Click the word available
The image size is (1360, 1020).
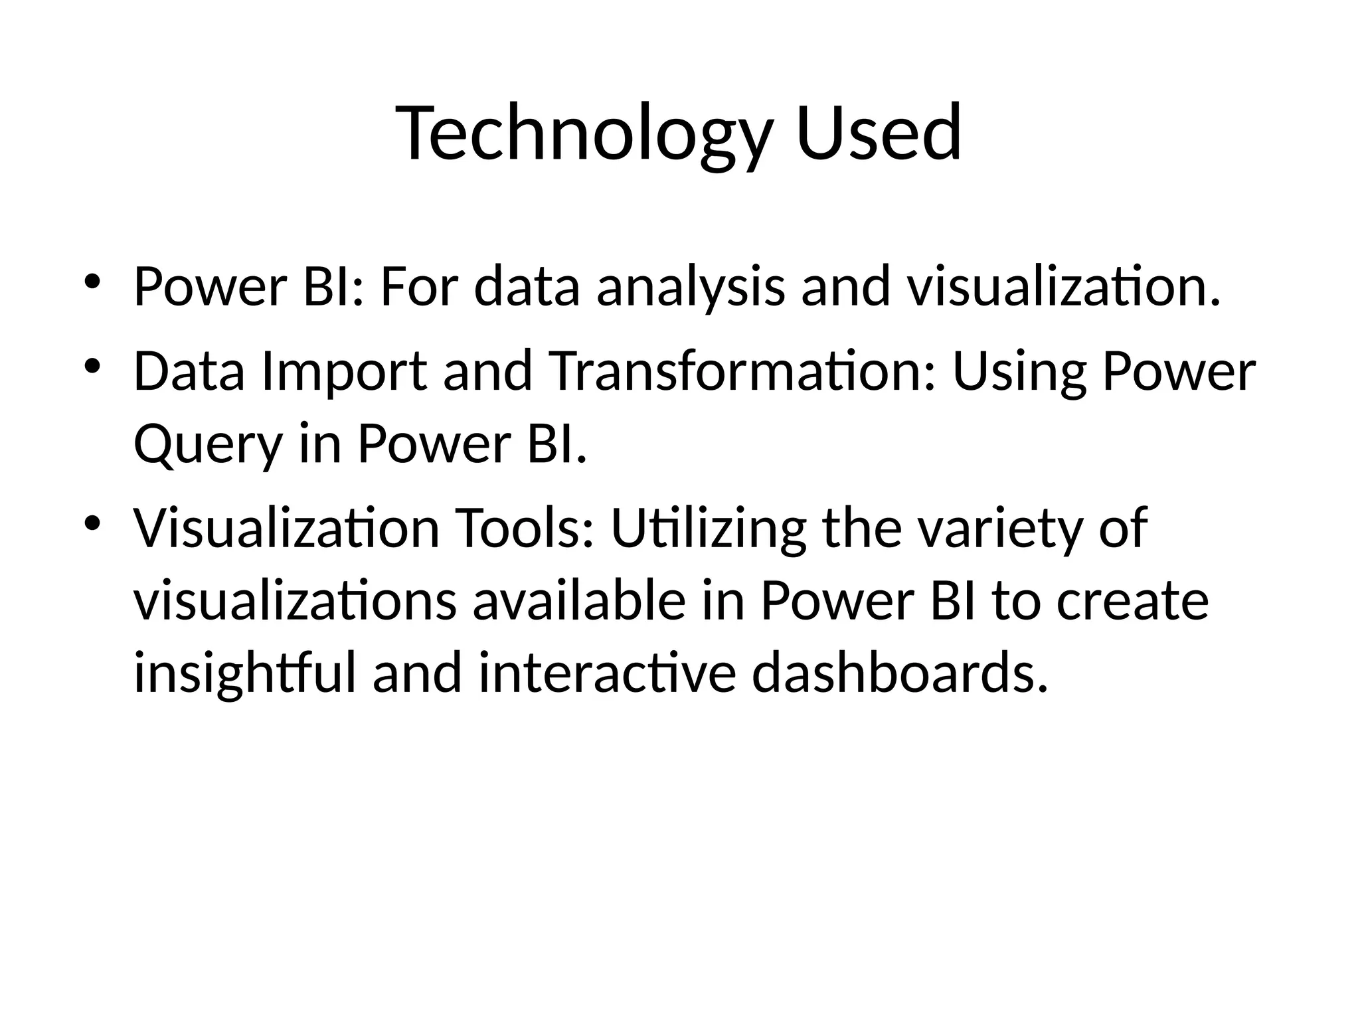click(x=578, y=601)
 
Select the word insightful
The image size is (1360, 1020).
click(x=245, y=674)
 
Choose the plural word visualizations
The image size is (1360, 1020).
click(x=295, y=601)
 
